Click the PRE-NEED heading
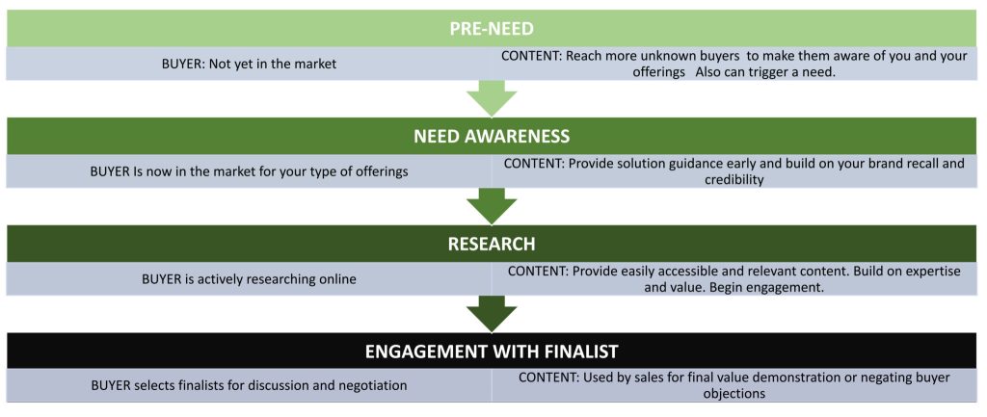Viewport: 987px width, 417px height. (492, 29)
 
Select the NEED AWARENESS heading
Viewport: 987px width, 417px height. (492, 136)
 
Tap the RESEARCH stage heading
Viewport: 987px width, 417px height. (492, 244)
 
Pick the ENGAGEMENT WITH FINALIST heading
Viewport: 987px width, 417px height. (492, 351)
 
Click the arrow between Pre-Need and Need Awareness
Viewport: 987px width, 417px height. (492, 98)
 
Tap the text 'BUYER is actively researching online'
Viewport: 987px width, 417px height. (249, 279)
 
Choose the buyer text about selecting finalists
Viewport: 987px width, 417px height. (249, 385)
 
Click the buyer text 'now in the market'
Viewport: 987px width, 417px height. (249, 171)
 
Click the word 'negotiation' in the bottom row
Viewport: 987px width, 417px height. (370, 385)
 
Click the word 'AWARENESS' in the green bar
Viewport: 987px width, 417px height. (517, 136)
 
